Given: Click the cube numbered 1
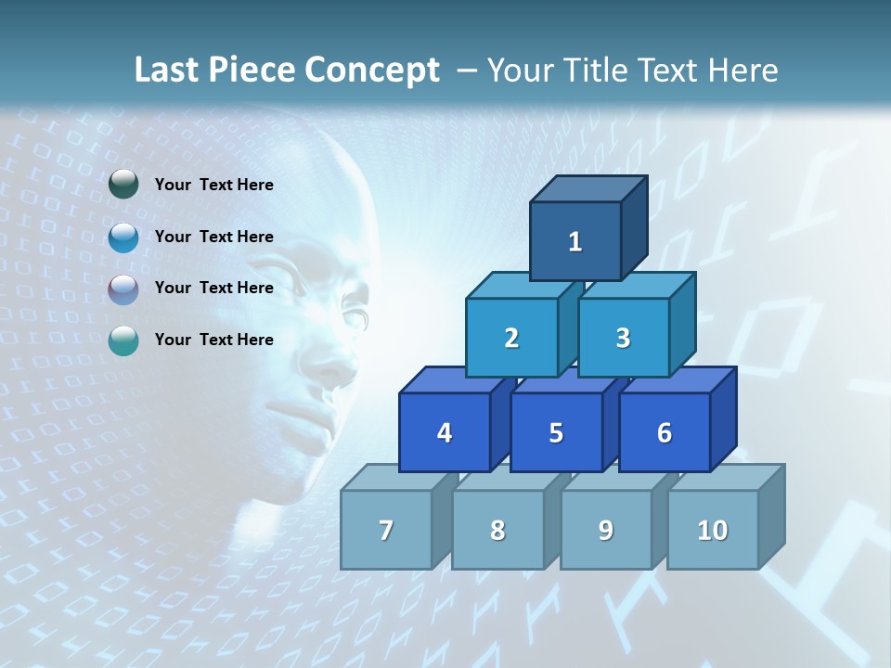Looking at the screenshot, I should coord(575,241).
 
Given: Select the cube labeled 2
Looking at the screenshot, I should coord(511,338).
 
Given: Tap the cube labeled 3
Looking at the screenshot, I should coord(623,338).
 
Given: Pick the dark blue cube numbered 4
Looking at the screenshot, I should coord(445,432).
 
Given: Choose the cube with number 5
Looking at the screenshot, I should coord(556,432).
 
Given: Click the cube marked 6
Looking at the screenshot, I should coord(665,432).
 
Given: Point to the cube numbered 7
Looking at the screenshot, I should coord(386,530).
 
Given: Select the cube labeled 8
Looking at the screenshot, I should coord(497,530).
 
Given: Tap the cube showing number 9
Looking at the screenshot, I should coord(605,530).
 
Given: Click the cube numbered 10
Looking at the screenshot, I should coord(713,530).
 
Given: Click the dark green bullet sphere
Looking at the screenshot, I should coord(123,185).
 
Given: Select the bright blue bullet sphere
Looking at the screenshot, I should coord(123,237).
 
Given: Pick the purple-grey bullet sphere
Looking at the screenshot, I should coord(123,289).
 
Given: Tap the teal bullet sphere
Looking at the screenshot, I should coord(123,340).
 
